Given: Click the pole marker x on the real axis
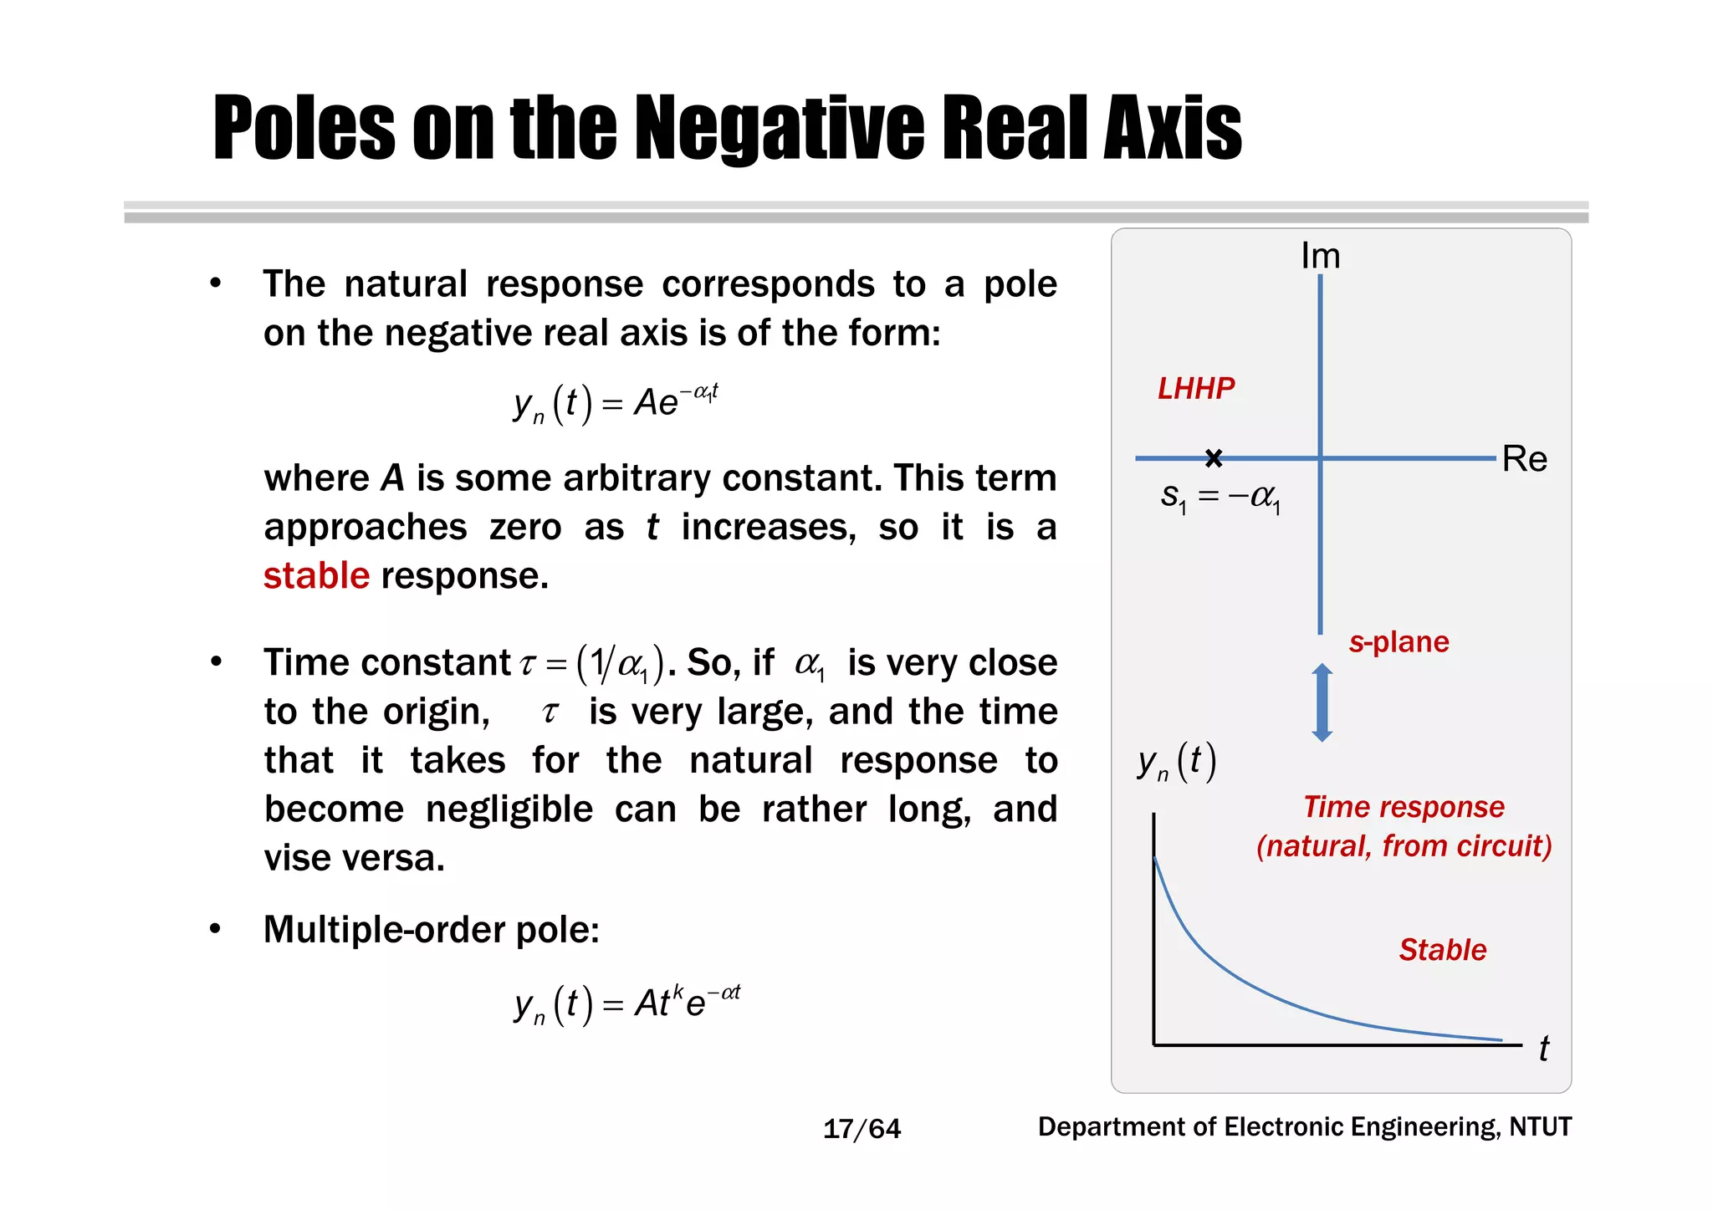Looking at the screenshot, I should [1214, 457].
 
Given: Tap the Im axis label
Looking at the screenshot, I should [1320, 256].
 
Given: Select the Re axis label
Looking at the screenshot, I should [1524, 459].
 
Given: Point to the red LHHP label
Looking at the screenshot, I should [1195, 388].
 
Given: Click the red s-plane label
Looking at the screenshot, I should [1399, 641].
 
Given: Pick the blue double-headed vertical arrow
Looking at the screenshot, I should [1322, 702].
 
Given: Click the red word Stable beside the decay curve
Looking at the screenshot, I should [1442, 950].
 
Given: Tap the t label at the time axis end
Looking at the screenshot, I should [1543, 1049].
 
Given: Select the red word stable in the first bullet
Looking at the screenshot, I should [316, 576].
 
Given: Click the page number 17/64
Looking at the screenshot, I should [862, 1129].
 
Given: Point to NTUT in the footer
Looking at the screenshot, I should [1540, 1127].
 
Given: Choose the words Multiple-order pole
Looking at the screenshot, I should [431, 930].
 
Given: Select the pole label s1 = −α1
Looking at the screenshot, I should [1220, 498].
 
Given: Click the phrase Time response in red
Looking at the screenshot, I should [1404, 807].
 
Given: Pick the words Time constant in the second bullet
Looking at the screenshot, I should [387, 663].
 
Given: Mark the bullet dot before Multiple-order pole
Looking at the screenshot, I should [216, 929].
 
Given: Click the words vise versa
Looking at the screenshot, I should [355, 859].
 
